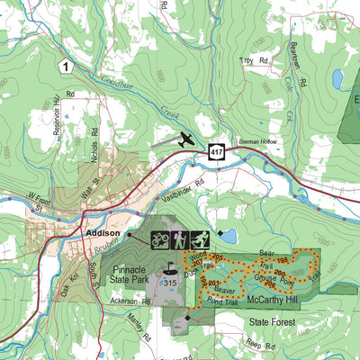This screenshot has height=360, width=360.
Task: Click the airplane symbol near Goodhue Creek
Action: coord(185,139)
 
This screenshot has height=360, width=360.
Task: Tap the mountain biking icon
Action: coord(160,239)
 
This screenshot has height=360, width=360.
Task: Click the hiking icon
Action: coord(180,239)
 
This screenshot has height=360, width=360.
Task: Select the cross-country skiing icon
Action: coord(201,239)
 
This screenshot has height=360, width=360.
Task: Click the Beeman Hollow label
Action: coord(259,142)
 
